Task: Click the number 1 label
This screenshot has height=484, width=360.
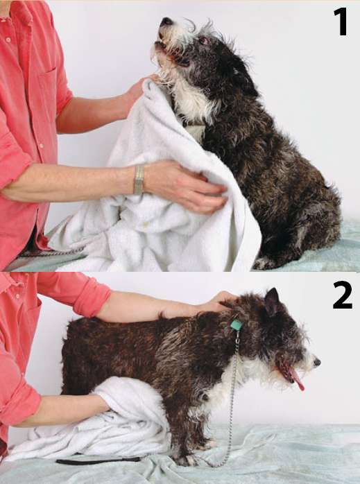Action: tap(341, 21)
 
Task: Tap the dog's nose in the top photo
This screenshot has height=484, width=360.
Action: tap(166, 21)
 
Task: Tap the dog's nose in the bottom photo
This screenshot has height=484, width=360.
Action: tap(316, 362)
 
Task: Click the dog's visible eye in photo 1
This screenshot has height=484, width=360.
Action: tap(204, 40)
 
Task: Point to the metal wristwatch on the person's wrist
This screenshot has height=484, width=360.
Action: tap(139, 180)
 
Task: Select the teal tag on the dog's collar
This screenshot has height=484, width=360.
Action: tap(237, 325)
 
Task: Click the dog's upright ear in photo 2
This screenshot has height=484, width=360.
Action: tap(273, 301)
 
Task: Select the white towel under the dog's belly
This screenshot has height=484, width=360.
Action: tap(102, 426)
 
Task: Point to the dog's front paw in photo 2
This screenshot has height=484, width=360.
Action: tap(186, 460)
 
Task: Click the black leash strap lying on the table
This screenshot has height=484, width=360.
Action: tap(98, 460)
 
